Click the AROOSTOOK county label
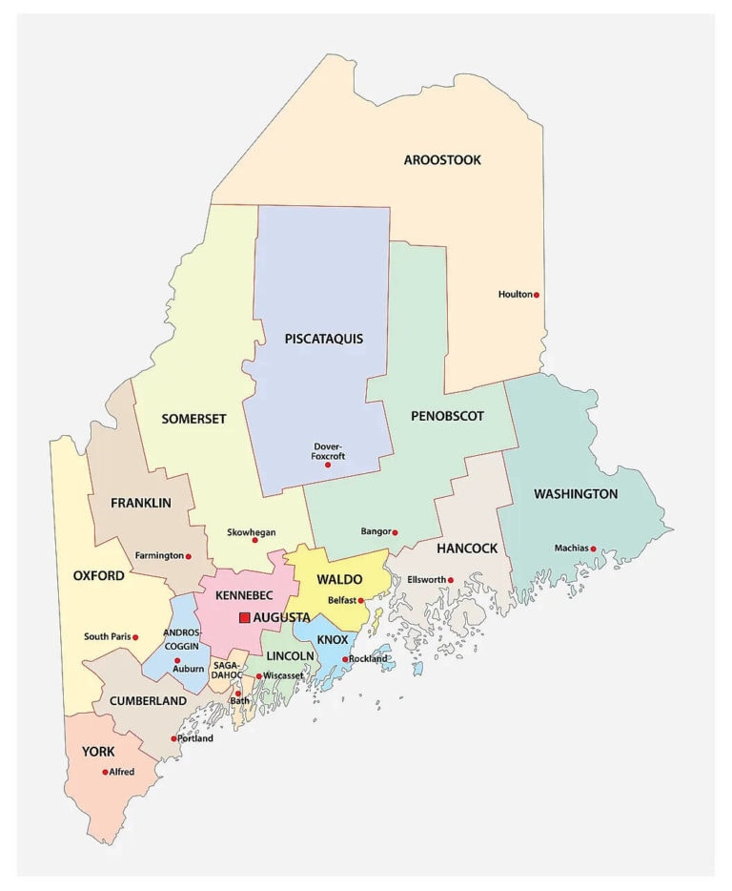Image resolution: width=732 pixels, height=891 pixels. [442, 160]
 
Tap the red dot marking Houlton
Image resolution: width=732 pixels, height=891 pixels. [537, 295]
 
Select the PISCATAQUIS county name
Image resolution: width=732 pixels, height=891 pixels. [323, 339]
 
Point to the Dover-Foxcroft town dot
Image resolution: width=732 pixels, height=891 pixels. [328, 466]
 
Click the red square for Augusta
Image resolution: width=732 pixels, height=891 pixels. [245, 618]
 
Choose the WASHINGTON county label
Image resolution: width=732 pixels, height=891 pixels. [576, 494]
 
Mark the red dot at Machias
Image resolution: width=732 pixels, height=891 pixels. [593, 549]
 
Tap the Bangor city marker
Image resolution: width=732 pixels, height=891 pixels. [395, 532]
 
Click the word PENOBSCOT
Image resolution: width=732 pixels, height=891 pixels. [447, 416]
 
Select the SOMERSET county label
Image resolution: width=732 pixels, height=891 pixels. [193, 419]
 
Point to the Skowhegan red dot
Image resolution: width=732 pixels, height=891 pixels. [254, 540]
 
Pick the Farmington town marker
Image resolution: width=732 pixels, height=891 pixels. [188, 556]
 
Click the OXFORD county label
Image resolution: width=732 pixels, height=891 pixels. [98, 576]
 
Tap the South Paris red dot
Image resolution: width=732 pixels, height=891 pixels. [135, 637]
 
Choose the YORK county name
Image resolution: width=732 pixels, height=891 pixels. [98, 752]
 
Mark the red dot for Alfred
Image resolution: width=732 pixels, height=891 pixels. [105, 772]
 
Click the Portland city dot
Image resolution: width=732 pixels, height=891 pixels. [173, 738]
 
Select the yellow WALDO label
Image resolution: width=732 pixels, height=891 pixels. [339, 580]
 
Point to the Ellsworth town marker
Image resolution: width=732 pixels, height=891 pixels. [451, 580]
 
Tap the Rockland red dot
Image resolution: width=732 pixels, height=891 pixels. [345, 659]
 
